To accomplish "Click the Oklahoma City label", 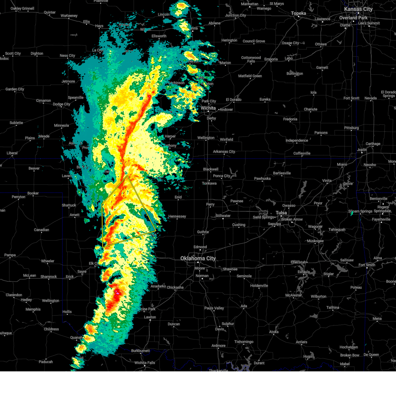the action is tap(198, 258).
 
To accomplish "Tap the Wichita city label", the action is tap(208, 108).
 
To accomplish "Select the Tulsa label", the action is tap(281, 213).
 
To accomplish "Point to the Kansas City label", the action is tap(358, 9).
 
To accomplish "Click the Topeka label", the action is tap(298, 14).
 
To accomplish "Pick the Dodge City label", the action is tap(61, 104).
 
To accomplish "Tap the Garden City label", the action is tap(15, 89).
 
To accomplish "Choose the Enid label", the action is tap(178, 197).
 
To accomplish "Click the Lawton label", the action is tap(150, 317).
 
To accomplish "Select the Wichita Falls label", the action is tap(145, 363).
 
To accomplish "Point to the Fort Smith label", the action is tap(367, 265).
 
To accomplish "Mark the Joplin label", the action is tap(362, 150).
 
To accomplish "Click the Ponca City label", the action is tap(222, 176).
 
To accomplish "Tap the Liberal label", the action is tap(12, 153).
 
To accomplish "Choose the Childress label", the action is tap(51, 329).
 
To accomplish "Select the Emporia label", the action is tap(271, 59).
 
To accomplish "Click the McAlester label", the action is tap(293, 295).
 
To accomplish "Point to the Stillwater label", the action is tap(223, 216).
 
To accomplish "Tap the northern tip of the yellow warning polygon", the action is tap(127, 176).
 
